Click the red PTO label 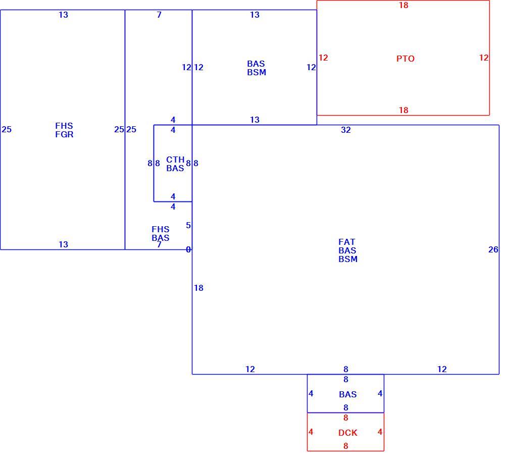[405, 59]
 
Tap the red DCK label [348, 433]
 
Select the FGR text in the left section [64, 134]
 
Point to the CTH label [175, 160]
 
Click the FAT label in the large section [347, 242]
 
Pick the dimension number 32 [346, 130]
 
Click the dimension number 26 [493, 249]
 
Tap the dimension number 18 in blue [198, 288]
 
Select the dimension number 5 [188, 225]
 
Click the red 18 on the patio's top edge [403, 5]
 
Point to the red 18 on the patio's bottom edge [403, 110]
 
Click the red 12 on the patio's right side [484, 58]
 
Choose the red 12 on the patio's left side [323, 58]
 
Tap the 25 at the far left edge [7, 129]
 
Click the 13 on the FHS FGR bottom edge [63, 244]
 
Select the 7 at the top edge [159, 15]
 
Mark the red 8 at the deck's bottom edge [346, 446]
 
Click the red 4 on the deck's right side [380, 432]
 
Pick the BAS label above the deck [348, 394]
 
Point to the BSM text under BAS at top [257, 72]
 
